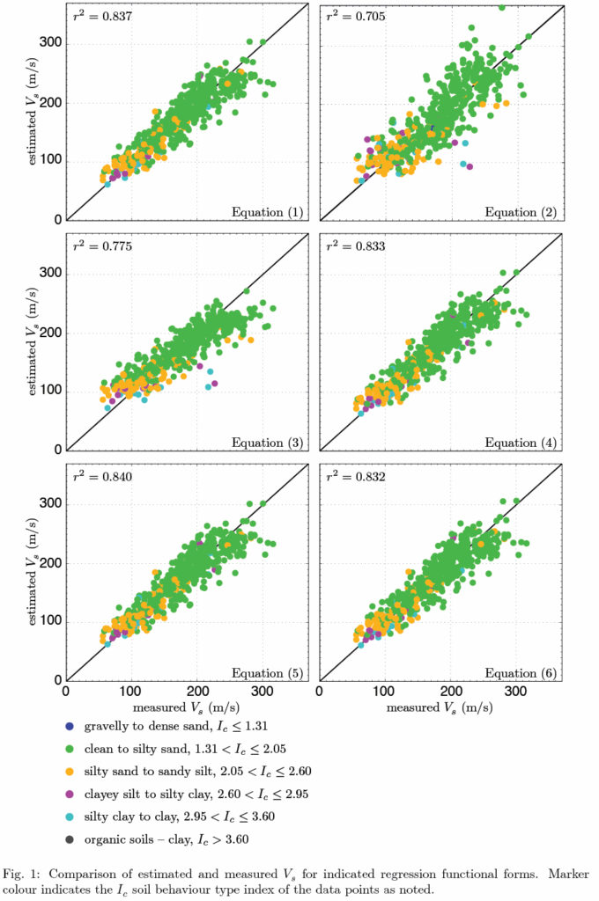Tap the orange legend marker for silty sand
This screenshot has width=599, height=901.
[x=70, y=772]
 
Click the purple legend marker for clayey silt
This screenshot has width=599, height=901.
[x=70, y=795]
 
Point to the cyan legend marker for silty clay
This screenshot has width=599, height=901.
[x=70, y=817]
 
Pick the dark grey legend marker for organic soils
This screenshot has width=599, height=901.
[x=70, y=839]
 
